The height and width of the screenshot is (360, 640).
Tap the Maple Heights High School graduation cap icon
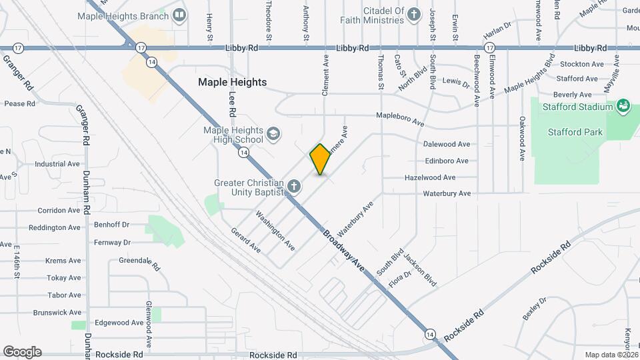pyautogui.click(x=273, y=135)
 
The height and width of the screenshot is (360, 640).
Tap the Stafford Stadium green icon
pyautogui.click(x=623, y=106)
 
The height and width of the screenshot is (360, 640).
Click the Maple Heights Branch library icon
pyautogui.click(x=179, y=15)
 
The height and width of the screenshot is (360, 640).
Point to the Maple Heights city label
pyautogui.click(x=232, y=82)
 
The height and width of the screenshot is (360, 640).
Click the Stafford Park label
pyautogui.click(x=575, y=132)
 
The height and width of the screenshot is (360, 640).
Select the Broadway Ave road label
pyautogui.click(x=344, y=250)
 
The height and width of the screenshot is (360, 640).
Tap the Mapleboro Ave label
pyautogui.click(x=400, y=119)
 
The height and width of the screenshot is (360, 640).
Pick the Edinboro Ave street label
pyautogui.click(x=447, y=161)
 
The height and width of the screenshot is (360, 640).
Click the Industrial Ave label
pyautogui.click(x=57, y=163)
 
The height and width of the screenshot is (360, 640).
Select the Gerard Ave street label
pyautogui.click(x=246, y=239)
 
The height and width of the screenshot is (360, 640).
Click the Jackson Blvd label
pyautogui.click(x=420, y=273)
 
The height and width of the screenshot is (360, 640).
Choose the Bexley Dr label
pyautogui.click(x=535, y=309)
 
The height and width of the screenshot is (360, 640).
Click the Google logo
pyautogui.click(x=23, y=352)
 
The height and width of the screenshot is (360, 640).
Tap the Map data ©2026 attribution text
pyautogui.click(x=611, y=355)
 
